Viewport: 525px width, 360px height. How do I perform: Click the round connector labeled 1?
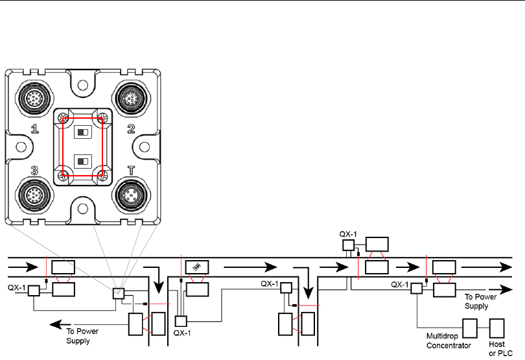(34, 99)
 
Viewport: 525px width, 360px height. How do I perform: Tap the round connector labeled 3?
(34, 194)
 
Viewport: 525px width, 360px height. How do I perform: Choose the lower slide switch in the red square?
(83, 160)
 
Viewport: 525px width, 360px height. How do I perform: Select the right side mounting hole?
(145, 146)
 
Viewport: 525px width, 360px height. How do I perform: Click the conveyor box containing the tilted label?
(196, 267)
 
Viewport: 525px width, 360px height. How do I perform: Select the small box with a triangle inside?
(119, 294)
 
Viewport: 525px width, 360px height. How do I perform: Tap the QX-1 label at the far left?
(17, 287)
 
